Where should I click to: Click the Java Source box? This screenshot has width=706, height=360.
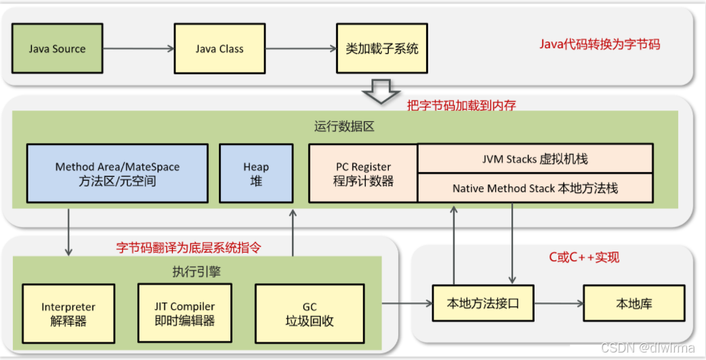58,49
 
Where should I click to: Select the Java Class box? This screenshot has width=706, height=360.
220,49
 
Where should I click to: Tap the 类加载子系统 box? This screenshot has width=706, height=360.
382,49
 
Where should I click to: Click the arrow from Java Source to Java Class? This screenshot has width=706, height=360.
138,49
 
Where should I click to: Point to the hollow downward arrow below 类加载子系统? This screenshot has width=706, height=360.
382,90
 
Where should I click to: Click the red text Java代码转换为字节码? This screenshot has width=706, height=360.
600,45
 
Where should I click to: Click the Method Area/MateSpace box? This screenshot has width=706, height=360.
118,174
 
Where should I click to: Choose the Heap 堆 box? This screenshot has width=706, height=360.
256,174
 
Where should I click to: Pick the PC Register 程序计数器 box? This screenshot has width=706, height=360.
363,174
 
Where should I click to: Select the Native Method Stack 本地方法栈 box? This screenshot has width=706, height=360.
535,188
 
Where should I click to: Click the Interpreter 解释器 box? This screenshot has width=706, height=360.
68,315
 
